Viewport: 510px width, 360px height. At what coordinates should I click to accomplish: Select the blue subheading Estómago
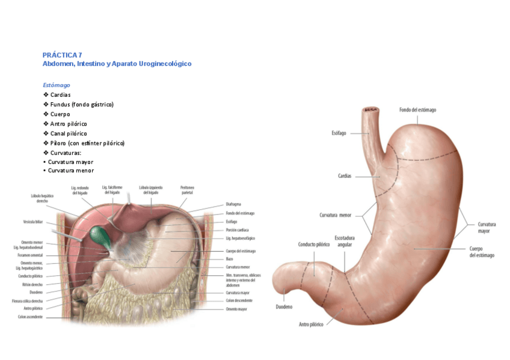tap(56, 85)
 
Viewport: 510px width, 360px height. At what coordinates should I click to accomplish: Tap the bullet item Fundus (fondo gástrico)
tap(82, 105)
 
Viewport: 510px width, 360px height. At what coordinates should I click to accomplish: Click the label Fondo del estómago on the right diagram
tap(417, 109)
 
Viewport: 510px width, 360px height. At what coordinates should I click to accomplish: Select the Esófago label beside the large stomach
tap(339, 133)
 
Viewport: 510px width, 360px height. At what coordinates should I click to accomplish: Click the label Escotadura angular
tap(344, 242)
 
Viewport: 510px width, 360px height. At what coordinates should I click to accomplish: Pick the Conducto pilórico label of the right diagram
tap(314, 245)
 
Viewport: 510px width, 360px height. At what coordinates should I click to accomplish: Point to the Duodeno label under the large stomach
tap(284, 307)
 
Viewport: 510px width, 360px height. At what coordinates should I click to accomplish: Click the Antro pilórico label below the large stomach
tap(311, 324)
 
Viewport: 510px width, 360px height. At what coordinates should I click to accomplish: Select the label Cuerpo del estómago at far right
tap(481, 252)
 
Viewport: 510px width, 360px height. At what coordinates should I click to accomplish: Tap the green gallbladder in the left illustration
tap(98, 236)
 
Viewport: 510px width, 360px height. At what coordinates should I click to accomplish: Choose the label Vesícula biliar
tap(32, 222)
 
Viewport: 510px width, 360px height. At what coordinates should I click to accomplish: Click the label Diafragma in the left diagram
tap(235, 204)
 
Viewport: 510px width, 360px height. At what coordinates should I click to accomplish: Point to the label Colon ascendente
tap(30, 317)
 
